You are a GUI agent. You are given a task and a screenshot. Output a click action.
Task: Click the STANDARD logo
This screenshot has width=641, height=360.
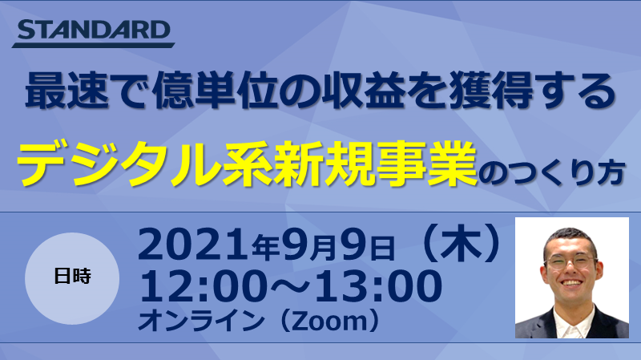(93, 33)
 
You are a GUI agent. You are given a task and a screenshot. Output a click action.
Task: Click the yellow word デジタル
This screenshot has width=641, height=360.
(119, 164)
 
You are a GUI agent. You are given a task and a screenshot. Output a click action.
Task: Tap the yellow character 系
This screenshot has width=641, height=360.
(247, 164)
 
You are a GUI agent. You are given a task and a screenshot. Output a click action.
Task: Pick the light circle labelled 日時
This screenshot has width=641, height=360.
(72, 278)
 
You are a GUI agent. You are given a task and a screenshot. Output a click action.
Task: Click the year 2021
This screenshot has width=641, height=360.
(194, 245)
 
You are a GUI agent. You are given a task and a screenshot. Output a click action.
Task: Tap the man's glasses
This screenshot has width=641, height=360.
(570, 261)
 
